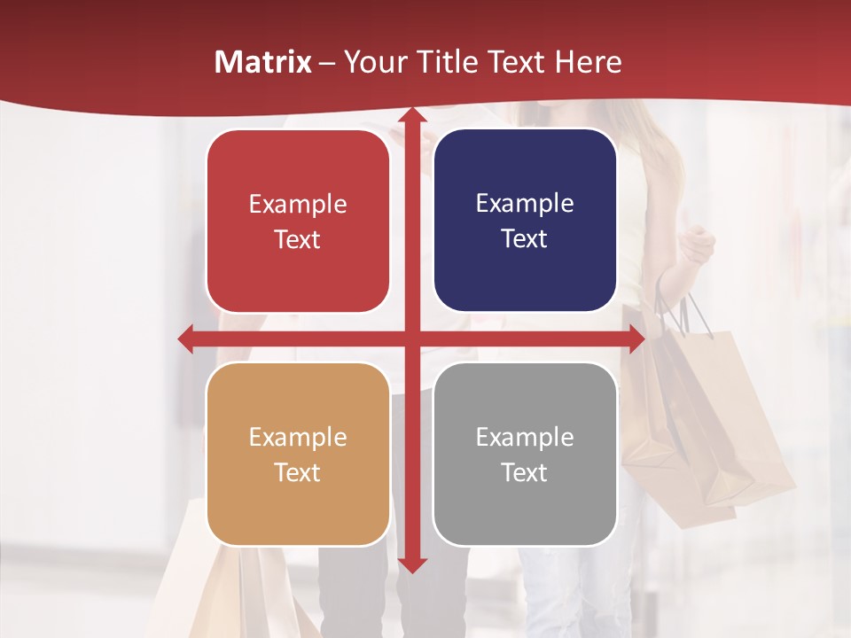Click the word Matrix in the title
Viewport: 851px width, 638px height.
(263, 62)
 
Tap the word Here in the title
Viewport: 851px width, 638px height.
(588, 62)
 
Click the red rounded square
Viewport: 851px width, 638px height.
(298, 222)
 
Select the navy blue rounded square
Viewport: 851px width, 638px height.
(525, 221)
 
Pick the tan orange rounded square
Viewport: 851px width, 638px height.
(298, 454)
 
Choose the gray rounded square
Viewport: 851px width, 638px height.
(525, 454)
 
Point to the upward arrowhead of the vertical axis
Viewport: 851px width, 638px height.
(412, 115)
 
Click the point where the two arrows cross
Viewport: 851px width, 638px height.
(412, 338)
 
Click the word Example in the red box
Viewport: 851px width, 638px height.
(298, 205)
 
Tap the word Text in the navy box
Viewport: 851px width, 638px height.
(525, 238)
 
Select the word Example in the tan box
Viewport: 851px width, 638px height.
(298, 437)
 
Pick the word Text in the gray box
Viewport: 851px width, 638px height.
(525, 472)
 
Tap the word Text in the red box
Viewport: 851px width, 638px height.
(298, 239)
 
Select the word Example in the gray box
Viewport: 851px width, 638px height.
(525, 437)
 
